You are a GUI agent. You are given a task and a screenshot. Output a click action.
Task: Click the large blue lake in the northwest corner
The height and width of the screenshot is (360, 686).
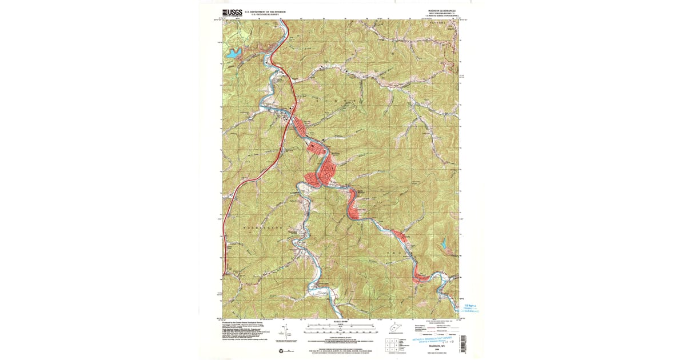point(234,54)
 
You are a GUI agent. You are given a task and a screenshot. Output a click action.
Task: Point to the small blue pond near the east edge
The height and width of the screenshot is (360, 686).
point(443,244)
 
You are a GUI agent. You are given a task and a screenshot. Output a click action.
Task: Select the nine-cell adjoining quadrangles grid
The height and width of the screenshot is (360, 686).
point(391,346)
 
